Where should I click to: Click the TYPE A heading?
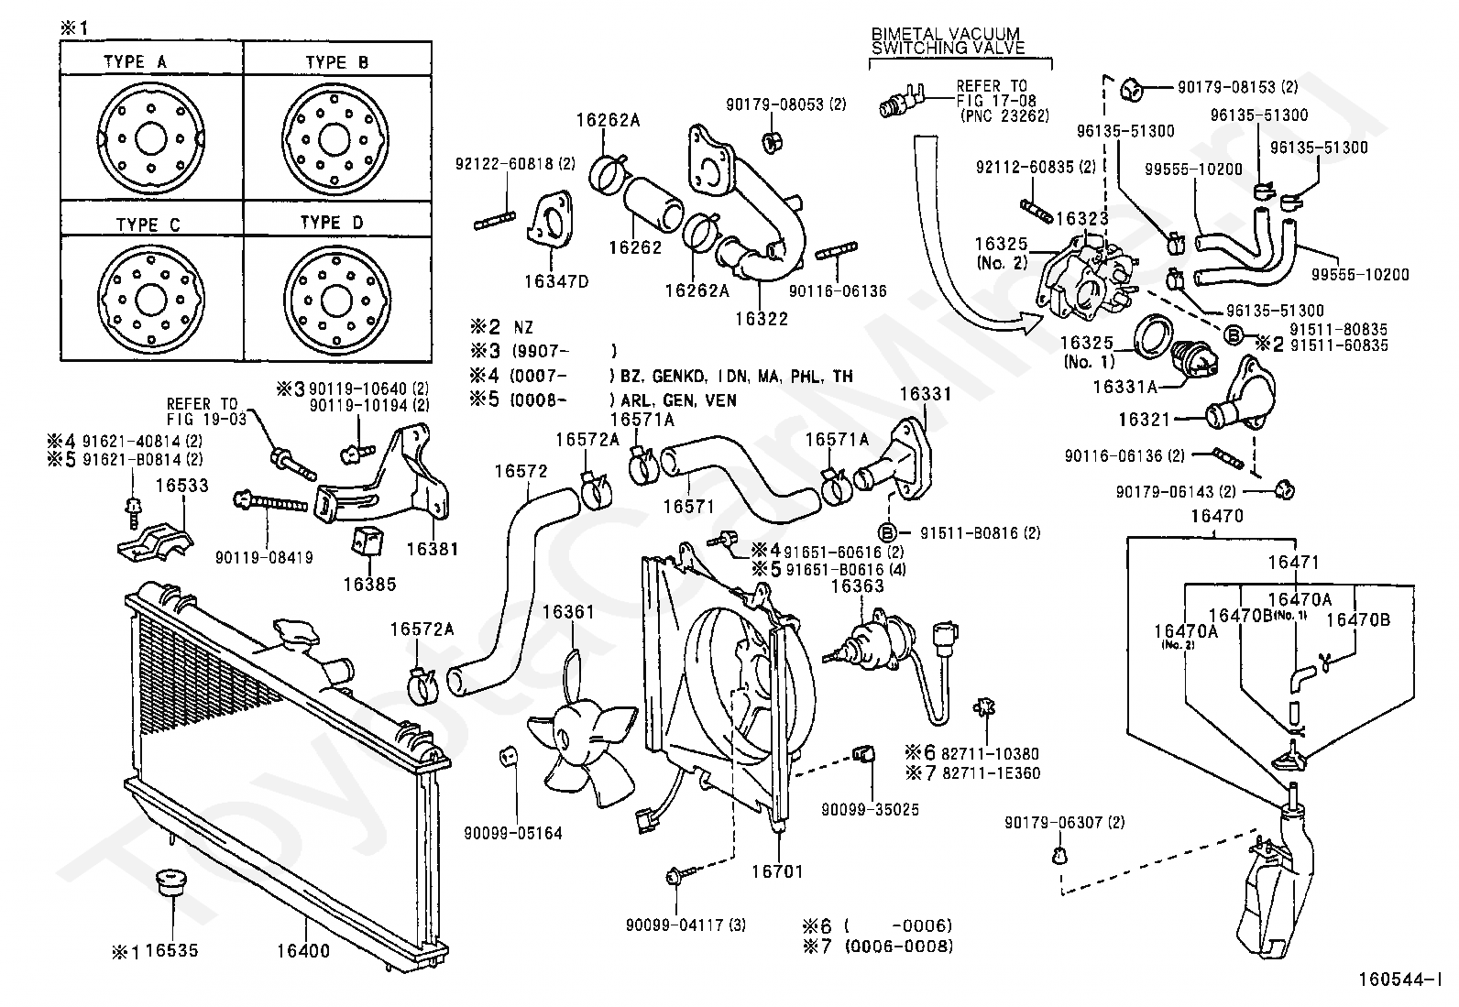(x=135, y=62)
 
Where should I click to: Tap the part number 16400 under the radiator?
(x=302, y=951)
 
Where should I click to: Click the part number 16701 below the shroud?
(x=777, y=871)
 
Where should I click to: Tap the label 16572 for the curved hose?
(x=521, y=473)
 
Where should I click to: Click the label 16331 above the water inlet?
(x=925, y=395)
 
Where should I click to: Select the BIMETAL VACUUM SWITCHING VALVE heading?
(x=948, y=41)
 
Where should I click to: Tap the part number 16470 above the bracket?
(x=1216, y=517)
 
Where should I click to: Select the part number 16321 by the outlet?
(x=1145, y=420)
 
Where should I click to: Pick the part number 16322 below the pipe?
(x=761, y=319)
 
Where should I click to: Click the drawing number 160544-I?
(x=1397, y=980)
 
